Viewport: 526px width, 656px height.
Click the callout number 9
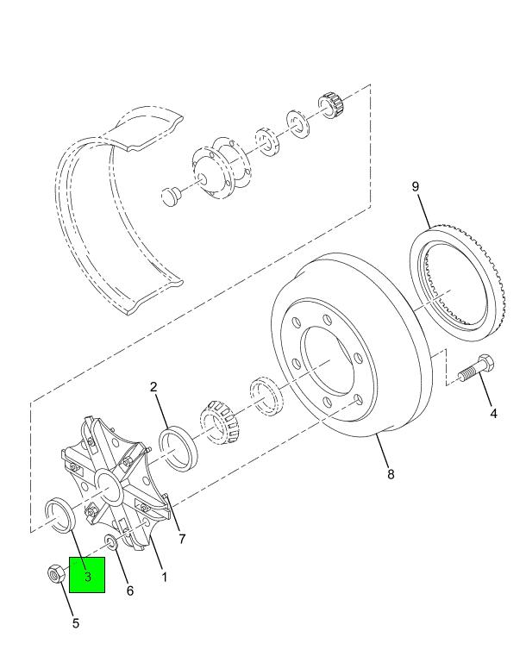click(x=415, y=186)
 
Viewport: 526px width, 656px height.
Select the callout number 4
click(x=494, y=414)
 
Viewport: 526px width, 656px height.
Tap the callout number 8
click(x=391, y=474)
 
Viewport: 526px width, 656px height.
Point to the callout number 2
click(x=153, y=386)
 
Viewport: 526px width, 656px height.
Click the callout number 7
click(x=182, y=539)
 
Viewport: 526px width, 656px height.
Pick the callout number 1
click(x=165, y=578)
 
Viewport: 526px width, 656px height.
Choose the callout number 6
click(x=129, y=590)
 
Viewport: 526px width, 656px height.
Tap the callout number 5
click(x=75, y=623)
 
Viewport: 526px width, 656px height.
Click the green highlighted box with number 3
click(x=87, y=575)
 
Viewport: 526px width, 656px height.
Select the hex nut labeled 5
click(x=56, y=572)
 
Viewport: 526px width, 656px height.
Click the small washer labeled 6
click(x=111, y=542)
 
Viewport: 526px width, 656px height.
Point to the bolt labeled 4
click(x=476, y=368)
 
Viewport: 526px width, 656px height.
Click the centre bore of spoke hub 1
click(x=110, y=486)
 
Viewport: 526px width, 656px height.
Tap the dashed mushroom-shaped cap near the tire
click(x=171, y=197)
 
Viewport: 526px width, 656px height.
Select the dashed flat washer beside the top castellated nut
click(x=298, y=124)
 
